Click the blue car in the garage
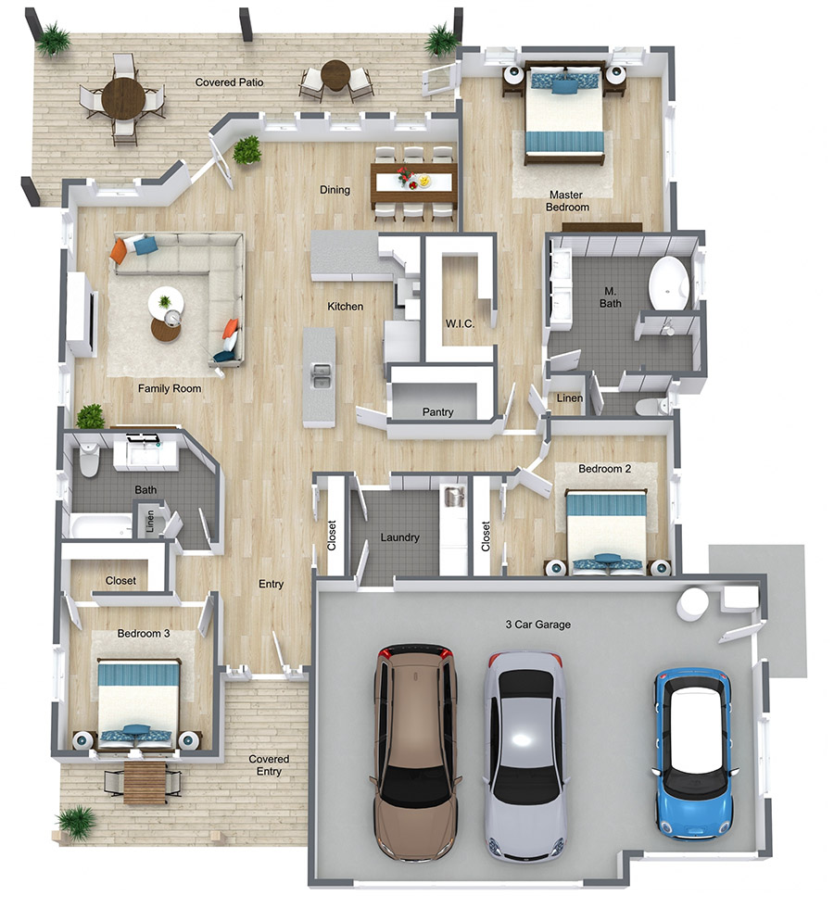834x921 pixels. click(694, 752)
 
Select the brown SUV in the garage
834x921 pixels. click(415, 752)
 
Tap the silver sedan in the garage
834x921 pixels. click(525, 755)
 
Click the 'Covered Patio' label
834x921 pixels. click(229, 82)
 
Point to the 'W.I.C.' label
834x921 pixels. click(460, 323)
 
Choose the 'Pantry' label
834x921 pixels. click(437, 411)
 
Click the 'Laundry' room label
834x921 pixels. click(399, 536)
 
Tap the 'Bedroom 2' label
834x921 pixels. click(604, 469)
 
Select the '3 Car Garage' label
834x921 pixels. click(538, 625)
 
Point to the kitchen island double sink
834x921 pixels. click(320, 376)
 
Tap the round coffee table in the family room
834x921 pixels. click(166, 328)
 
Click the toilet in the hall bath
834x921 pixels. click(89, 459)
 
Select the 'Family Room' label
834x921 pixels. click(170, 388)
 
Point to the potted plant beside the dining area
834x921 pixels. click(247, 151)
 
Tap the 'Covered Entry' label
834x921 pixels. click(269, 764)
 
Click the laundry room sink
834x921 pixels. click(454, 497)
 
